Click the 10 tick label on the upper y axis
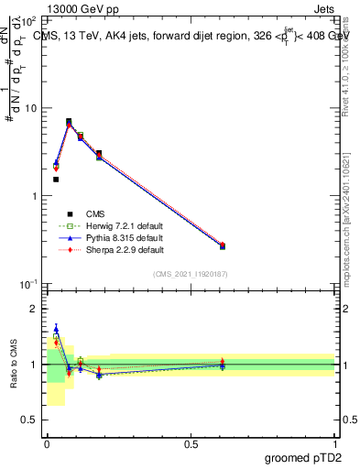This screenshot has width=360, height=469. [x=29, y=108]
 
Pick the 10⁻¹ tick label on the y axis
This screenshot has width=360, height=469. [x=27, y=285]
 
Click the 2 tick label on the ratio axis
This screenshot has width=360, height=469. [x=35, y=309]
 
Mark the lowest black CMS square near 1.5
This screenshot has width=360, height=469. [x=56, y=180]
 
